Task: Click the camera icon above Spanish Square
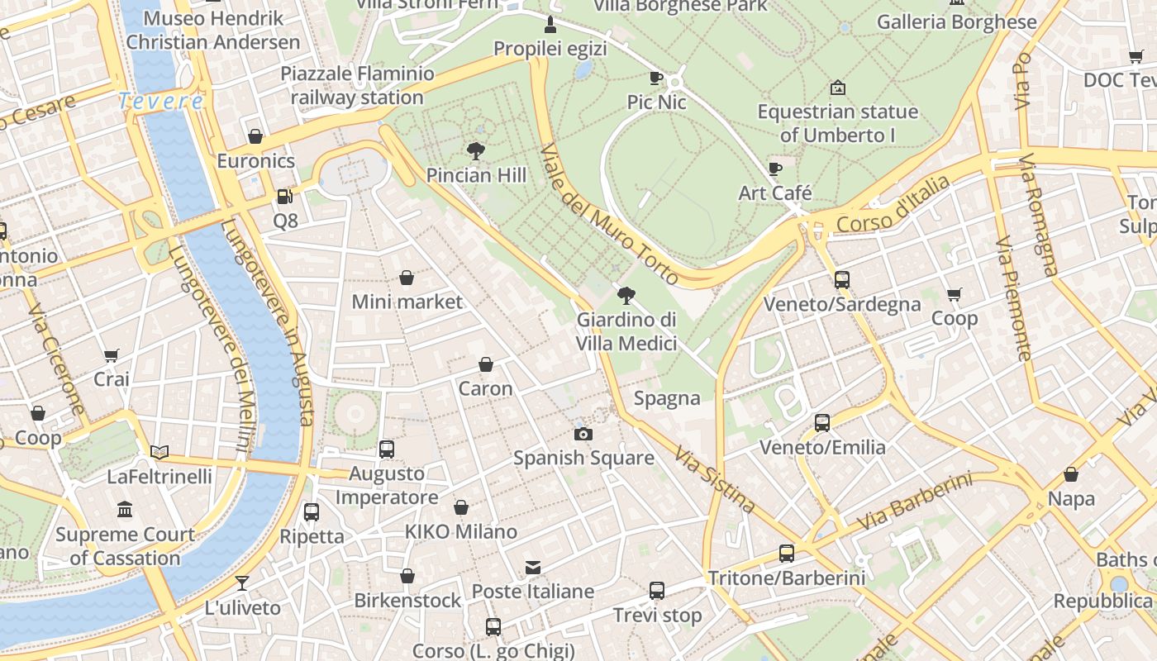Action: pyautogui.click(x=583, y=435)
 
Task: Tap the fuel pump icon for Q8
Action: pyautogui.click(x=284, y=197)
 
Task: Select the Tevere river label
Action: pyautogui.click(x=160, y=102)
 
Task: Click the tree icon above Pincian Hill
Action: pyautogui.click(x=475, y=151)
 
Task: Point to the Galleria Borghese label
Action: pyautogui.click(x=956, y=22)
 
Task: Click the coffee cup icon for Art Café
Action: pyautogui.click(x=774, y=169)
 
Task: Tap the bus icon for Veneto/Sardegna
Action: pyautogui.click(x=841, y=280)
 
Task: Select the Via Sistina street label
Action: pyautogui.click(x=714, y=479)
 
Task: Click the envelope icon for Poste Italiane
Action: pyautogui.click(x=533, y=568)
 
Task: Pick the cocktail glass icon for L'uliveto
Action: pyautogui.click(x=242, y=583)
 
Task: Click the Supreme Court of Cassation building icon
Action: pyautogui.click(x=125, y=510)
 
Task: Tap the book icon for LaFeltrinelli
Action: pyautogui.click(x=160, y=452)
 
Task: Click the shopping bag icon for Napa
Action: pyautogui.click(x=1071, y=474)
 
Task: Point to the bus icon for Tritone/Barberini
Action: pyautogui.click(x=787, y=554)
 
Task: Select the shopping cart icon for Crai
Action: pyautogui.click(x=112, y=356)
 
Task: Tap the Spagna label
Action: pyautogui.click(x=667, y=399)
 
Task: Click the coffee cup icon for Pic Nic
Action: pyautogui.click(x=656, y=78)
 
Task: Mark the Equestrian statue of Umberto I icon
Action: pyautogui.click(x=837, y=88)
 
